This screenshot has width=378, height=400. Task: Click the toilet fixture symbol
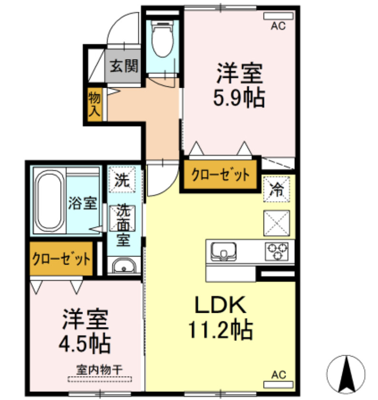tap(162, 40)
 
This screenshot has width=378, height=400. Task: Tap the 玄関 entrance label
tap(124, 66)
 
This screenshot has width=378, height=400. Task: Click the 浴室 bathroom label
tap(82, 204)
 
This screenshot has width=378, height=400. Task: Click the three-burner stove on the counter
tap(277, 250)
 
